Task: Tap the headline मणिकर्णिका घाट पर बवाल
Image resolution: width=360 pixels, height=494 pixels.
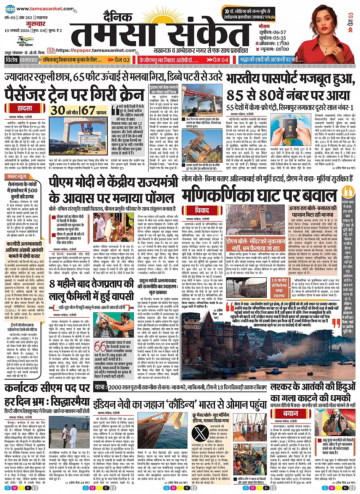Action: tap(259, 195)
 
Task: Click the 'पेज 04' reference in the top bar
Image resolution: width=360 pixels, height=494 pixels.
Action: tap(218, 60)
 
